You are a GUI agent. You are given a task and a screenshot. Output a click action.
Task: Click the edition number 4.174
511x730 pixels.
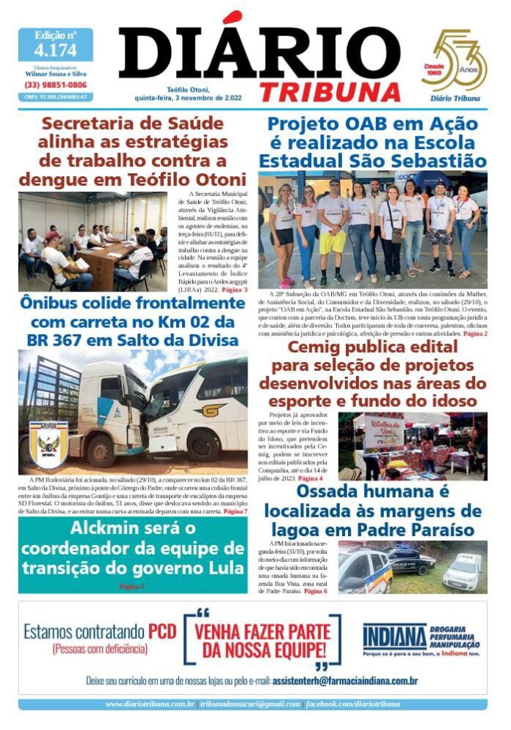[x=55, y=50]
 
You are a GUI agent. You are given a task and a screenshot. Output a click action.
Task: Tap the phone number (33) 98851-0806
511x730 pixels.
[x=55, y=84]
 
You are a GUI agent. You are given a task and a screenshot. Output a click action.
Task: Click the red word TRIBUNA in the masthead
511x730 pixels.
[x=330, y=91]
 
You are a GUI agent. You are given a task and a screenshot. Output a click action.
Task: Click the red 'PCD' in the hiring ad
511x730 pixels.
[x=162, y=631]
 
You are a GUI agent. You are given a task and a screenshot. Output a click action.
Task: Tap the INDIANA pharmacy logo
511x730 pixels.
[x=394, y=635]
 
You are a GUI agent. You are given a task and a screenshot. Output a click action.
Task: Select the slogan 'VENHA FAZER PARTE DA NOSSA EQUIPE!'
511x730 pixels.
[x=261, y=639]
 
